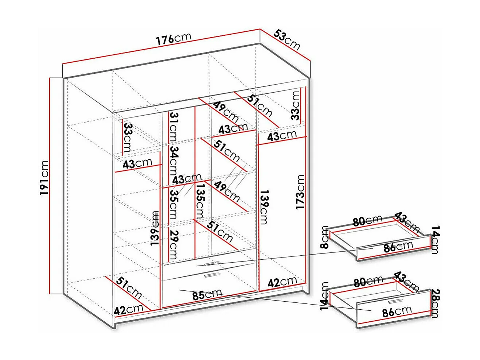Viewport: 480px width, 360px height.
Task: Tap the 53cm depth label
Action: pos(287,40)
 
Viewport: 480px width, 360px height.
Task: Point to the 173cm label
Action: pos(300,192)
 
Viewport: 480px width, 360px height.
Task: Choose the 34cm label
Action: pos(174,161)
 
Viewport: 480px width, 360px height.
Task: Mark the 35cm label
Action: pos(174,205)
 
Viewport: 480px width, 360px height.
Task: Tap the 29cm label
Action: pos(174,245)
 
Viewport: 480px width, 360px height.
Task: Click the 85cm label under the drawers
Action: pos(207,294)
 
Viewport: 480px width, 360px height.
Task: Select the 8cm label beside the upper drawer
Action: pos(325,237)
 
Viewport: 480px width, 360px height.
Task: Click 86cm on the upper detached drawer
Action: pos(398,247)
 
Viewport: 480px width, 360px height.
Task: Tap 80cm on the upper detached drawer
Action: pos(367,220)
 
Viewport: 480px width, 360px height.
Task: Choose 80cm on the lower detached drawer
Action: pos(368,282)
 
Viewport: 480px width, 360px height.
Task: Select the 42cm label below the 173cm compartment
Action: pos(282,282)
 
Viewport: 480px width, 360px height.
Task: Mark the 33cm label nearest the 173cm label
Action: pos(296,105)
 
